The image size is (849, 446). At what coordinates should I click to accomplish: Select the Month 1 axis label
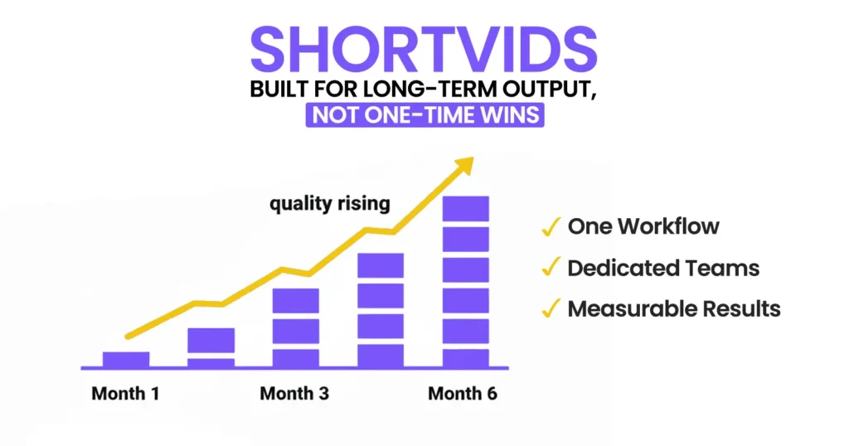coord(125,393)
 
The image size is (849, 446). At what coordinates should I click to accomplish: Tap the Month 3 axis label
coord(294,393)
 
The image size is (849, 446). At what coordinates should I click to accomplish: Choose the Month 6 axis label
coord(463,393)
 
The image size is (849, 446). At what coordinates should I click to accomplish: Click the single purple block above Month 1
coord(126,359)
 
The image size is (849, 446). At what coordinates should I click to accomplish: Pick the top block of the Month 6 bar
coord(465,209)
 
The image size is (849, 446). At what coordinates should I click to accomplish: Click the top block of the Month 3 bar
coord(295,300)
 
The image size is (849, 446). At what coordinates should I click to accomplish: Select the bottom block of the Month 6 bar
coord(465,358)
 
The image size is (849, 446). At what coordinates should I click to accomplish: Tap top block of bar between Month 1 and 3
coord(211,340)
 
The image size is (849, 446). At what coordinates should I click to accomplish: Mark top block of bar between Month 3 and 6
coord(380,265)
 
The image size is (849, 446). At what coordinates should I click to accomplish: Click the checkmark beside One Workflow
coord(549,226)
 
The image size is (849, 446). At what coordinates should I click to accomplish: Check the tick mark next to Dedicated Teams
coord(549,268)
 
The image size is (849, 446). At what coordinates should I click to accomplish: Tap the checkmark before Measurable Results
coord(549,309)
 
